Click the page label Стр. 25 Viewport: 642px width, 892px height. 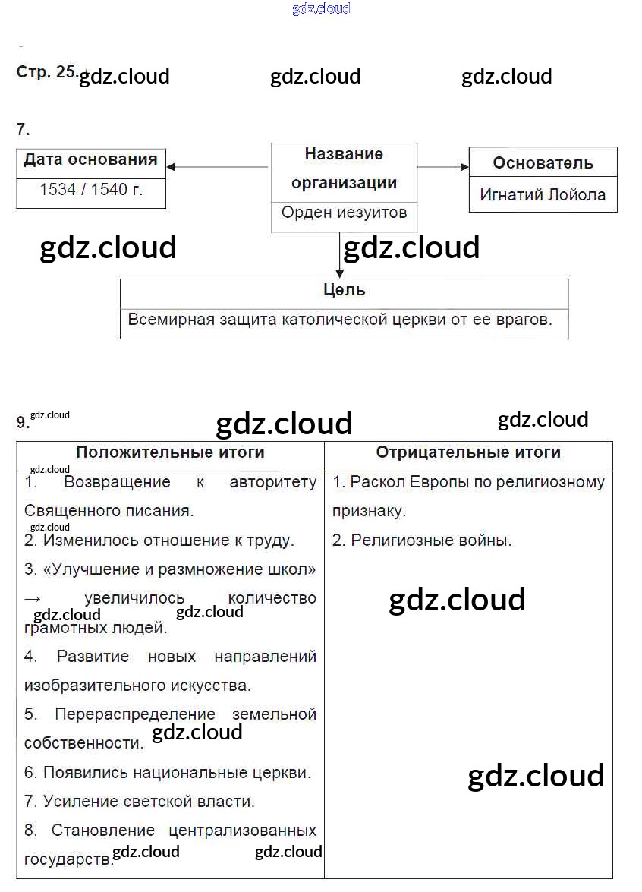click(x=46, y=71)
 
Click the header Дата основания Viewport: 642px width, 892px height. click(x=91, y=159)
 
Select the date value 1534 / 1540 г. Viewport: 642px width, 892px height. click(x=91, y=190)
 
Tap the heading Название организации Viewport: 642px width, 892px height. click(x=344, y=168)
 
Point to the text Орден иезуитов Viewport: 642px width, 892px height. click(x=344, y=213)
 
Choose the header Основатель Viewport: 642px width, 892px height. click(x=543, y=162)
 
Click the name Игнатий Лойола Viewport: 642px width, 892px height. click(x=543, y=194)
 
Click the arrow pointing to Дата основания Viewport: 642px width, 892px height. click(x=216, y=167)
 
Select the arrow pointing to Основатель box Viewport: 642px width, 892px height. click(x=442, y=167)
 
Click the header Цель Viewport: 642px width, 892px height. click(x=344, y=290)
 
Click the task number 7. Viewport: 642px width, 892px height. click(x=23, y=130)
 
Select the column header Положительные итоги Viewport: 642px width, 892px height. click(x=170, y=452)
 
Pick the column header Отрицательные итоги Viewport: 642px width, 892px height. click(x=468, y=452)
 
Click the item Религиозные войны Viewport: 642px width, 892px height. click(x=431, y=541)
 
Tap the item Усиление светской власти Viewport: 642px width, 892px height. click(x=149, y=801)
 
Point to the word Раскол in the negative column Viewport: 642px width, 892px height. click(x=377, y=482)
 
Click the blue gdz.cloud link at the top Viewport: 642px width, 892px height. click(x=321, y=9)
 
